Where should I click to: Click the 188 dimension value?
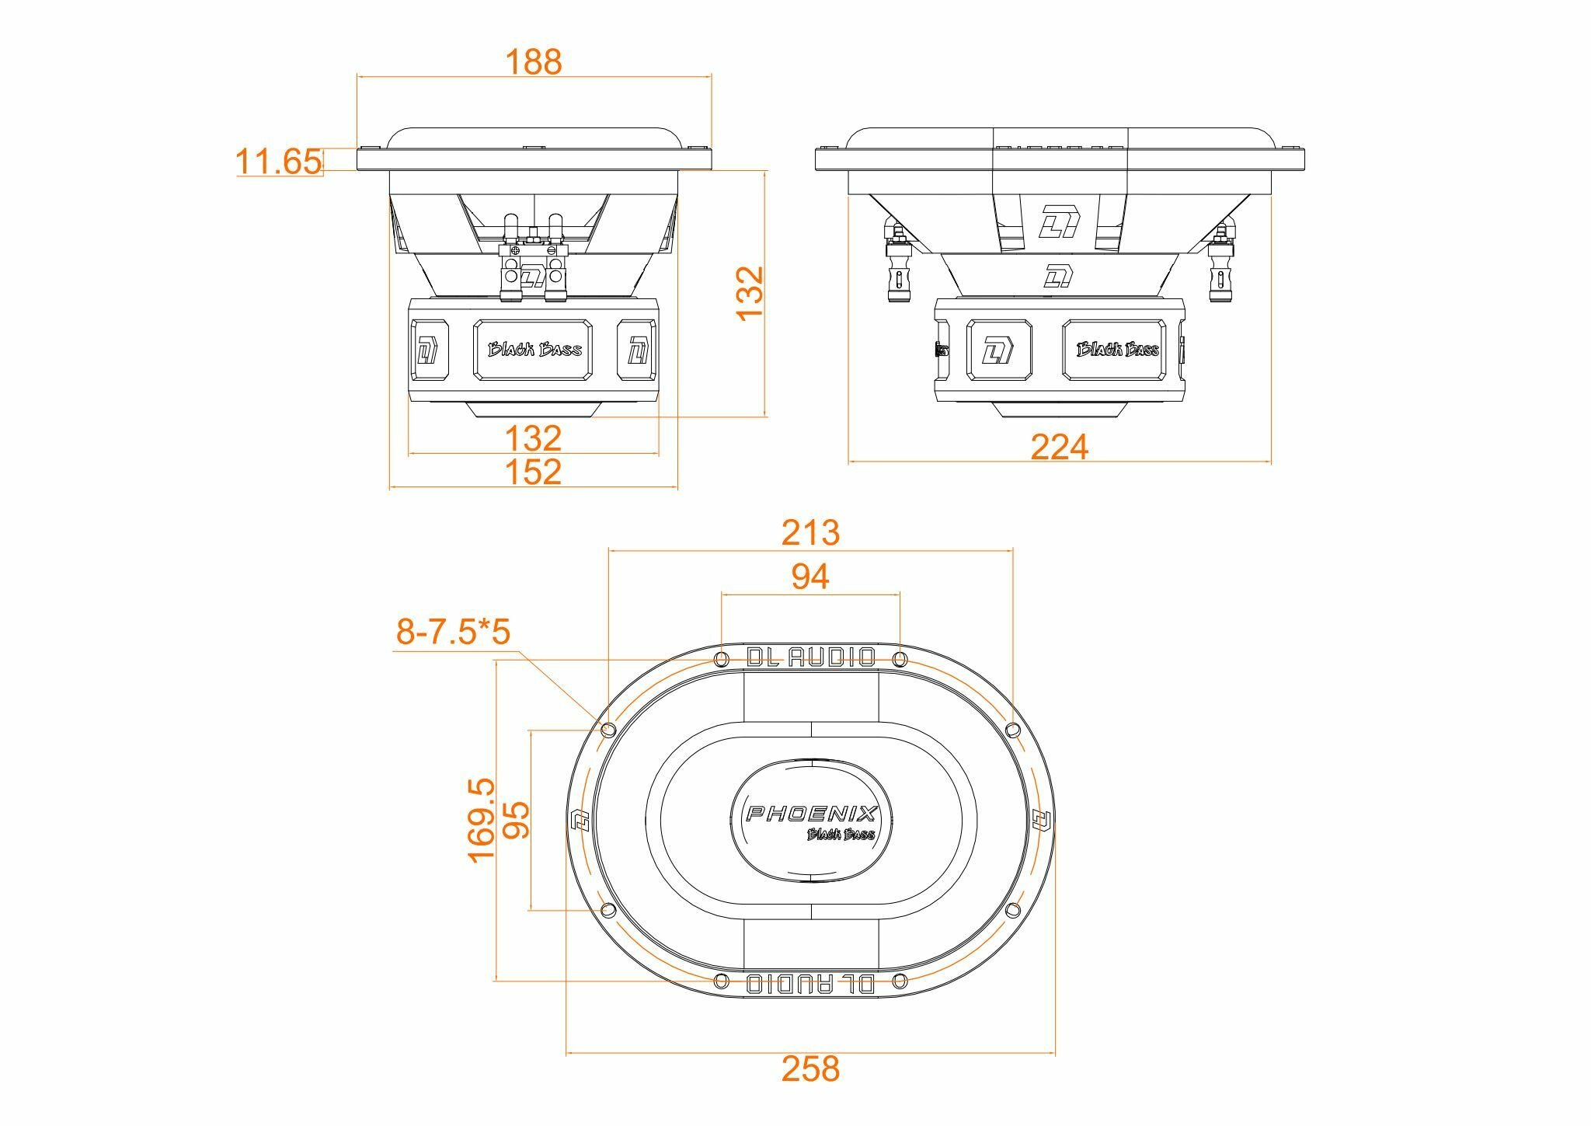click(533, 61)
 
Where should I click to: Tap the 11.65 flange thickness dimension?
click(277, 162)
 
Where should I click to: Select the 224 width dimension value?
click(1059, 447)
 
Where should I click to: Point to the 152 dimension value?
click(533, 472)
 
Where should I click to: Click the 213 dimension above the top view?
click(810, 533)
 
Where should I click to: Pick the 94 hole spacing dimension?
click(810, 577)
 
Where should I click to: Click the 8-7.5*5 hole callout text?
click(453, 632)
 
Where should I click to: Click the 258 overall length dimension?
click(810, 1069)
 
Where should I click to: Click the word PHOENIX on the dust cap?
click(811, 814)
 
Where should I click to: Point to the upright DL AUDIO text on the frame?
click(810, 657)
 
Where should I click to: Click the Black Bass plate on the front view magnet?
click(534, 350)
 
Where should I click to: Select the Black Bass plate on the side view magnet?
click(1117, 350)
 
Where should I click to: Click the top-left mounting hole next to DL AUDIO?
click(720, 660)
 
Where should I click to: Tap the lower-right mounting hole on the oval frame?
click(1012, 909)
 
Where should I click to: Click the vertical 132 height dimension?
click(750, 293)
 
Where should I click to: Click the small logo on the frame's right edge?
click(1041, 819)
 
